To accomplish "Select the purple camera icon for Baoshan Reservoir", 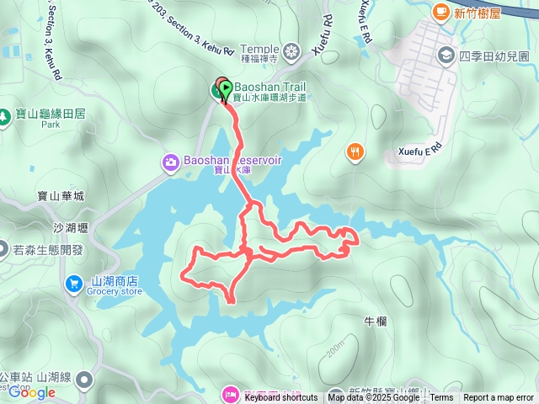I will (170, 160).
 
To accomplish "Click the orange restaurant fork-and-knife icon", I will (355, 151).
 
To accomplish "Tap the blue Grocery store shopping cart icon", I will (74, 284).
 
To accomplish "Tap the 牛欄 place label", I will (374, 322).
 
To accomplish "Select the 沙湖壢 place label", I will (71, 228).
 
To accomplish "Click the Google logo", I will (32, 392).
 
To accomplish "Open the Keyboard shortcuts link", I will (281, 398).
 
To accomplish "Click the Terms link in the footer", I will (441, 398).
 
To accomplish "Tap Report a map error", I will (499, 398).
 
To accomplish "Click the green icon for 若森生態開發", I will (7, 250).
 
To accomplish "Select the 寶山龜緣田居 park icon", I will (8, 113).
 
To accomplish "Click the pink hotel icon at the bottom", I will (228, 393).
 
